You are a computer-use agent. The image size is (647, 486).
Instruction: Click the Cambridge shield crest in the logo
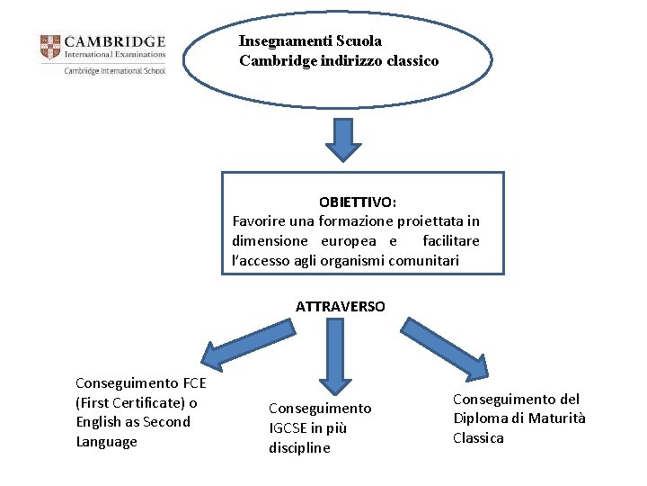tap(50, 47)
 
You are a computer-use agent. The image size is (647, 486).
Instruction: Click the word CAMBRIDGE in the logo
tap(115, 40)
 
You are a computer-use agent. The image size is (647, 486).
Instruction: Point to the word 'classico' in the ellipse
tap(412, 61)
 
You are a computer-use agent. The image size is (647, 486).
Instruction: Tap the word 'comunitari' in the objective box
tap(423, 260)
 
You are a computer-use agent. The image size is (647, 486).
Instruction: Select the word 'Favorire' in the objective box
tap(260, 220)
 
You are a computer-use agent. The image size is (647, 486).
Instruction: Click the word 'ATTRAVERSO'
tap(340, 306)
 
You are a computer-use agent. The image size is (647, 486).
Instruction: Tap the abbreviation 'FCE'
tap(190, 382)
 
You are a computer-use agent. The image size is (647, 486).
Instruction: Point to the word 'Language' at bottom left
tap(106, 442)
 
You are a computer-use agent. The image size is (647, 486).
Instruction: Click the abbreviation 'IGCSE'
tap(291, 428)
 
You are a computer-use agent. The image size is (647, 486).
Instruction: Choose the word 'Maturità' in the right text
tap(556, 418)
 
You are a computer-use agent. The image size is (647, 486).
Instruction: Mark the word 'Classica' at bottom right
tap(478, 438)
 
